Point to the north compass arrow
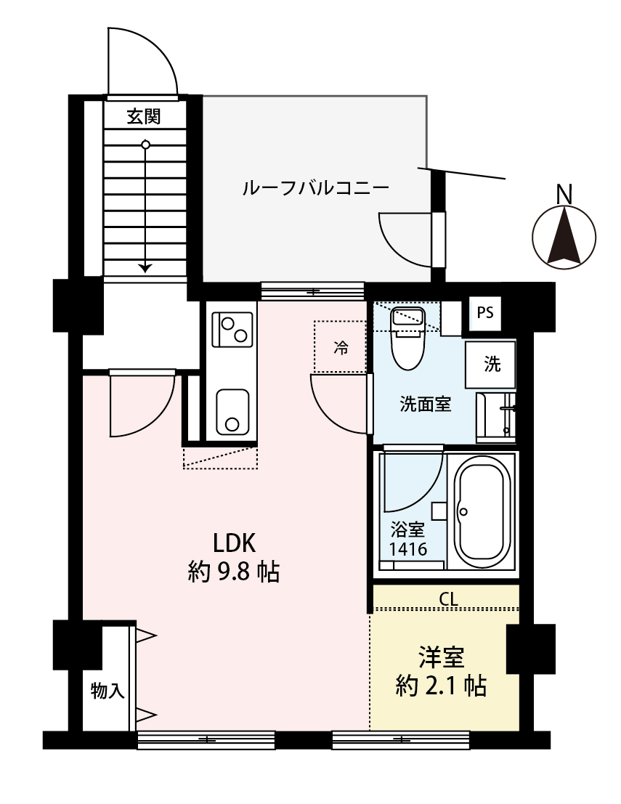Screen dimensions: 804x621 point(564,234)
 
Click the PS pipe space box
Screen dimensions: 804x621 point(485,313)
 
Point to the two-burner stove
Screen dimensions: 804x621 point(233,329)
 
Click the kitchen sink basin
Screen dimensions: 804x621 point(232,413)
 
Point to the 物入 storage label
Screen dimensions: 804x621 point(107,691)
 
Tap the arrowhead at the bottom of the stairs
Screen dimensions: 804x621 point(146,268)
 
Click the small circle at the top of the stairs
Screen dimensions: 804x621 point(146,145)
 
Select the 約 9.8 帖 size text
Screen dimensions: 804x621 point(234,573)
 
